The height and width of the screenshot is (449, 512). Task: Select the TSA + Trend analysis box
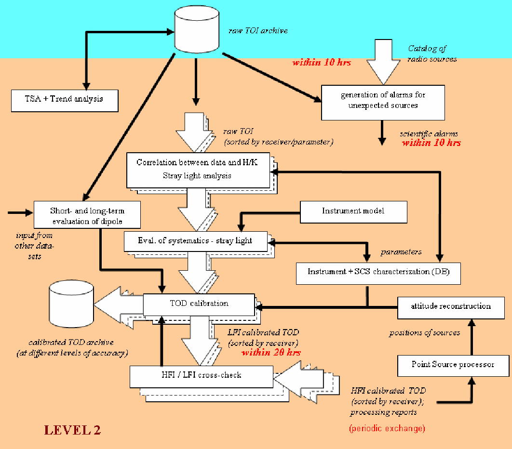pyautogui.click(x=65, y=99)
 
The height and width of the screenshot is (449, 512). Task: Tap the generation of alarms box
pyautogui.click(x=383, y=100)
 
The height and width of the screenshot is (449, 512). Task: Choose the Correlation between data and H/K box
pyautogui.click(x=198, y=169)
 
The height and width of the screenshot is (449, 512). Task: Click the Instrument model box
pyautogui.click(x=353, y=211)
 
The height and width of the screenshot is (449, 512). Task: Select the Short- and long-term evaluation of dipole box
pyautogui.click(x=87, y=214)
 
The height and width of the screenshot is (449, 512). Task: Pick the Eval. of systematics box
pyautogui.click(x=195, y=240)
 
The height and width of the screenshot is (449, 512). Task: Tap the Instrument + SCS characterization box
pyautogui.click(x=378, y=272)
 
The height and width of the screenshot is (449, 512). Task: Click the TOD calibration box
pyautogui.click(x=199, y=304)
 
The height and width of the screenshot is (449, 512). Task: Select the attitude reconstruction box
pyautogui.click(x=450, y=306)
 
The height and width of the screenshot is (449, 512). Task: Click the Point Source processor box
pyautogui.click(x=453, y=364)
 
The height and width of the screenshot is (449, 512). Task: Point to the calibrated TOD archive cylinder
pyautogui.click(x=71, y=304)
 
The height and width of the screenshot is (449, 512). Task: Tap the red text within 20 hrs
pyautogui.click(x=271, y=353)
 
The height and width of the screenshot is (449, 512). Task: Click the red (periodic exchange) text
pyautogui.click(x=387, y=428)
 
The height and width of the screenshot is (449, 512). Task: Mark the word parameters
pyautogui.click(x=401, y=251)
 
